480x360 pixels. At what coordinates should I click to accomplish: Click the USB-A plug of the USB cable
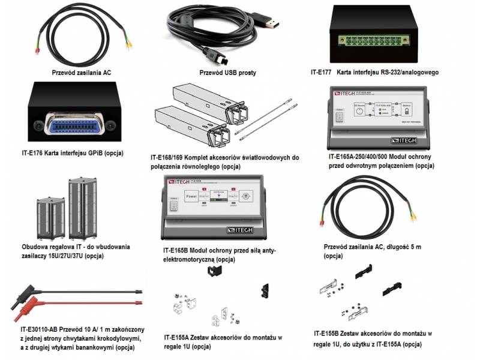click(x=269, y=23)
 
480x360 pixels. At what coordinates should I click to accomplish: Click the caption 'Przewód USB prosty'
click(x=227, y=73)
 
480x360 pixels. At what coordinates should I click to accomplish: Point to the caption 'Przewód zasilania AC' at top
click(x=82, y=73)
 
